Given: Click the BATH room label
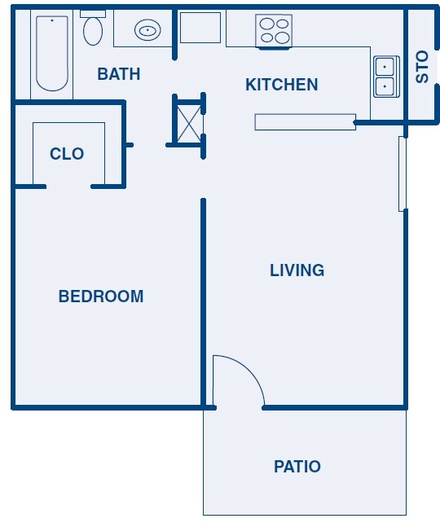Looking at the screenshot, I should [118, 74].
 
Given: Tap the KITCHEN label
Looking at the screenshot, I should [281, 84].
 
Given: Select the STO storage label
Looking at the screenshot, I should [422, 67].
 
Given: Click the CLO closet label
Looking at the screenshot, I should [67, 154].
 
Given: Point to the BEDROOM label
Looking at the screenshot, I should [100, 296].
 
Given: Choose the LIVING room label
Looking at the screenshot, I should [297, 270].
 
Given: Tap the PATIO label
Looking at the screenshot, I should [297, 467].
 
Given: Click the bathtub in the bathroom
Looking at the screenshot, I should [52, 53].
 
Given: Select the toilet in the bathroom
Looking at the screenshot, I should [93, 30].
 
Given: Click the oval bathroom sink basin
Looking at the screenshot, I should [147, 31].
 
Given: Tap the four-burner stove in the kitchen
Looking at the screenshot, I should [275, 31].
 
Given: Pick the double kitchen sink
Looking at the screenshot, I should [385, 77].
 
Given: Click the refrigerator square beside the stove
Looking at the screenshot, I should [200, 28].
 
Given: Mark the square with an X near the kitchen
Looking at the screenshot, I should [187, 121].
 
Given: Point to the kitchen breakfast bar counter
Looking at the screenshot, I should [305, 122].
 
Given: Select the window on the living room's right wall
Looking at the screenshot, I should [402, 173].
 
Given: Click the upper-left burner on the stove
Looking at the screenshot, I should [266, 24].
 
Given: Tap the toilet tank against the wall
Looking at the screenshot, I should [93, 13].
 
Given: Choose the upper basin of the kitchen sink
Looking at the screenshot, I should [385, 67].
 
